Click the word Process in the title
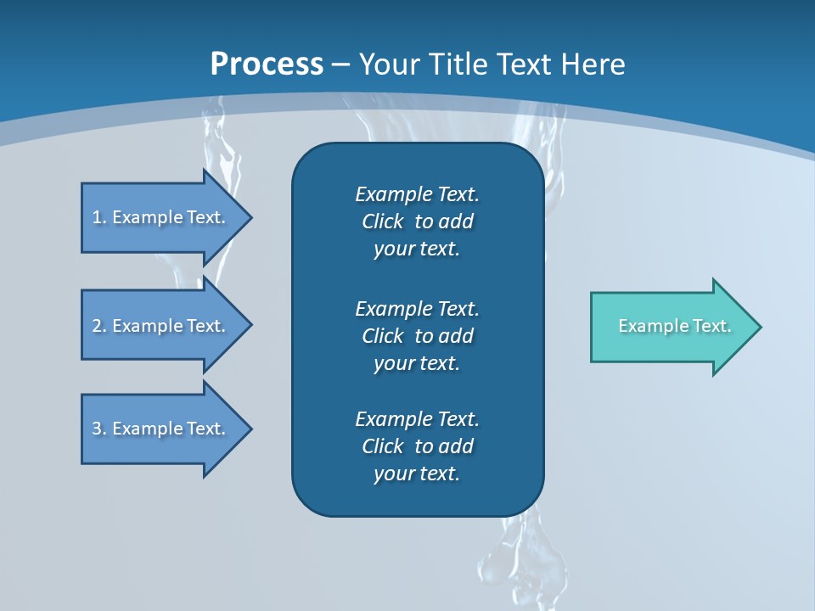coord(267,64)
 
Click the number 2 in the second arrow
coord(97,326)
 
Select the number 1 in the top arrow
coord(97,217)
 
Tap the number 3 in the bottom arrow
coord(97,429)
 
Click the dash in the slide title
coord(340,64)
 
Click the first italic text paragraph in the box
coord(417,221)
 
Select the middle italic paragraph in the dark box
coord(417,335)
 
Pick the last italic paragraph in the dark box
coord(417,446)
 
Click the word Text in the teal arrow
coord(711,326)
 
